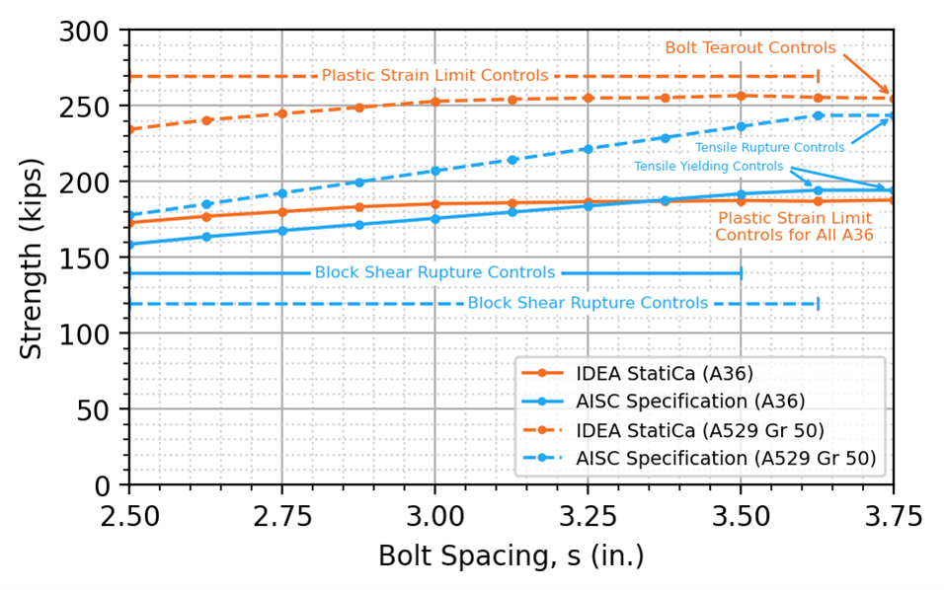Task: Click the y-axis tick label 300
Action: (92, 31)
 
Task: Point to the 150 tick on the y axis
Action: (92, 258)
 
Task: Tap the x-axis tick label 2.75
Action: (281, 516)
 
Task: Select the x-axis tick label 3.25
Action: (588, 516)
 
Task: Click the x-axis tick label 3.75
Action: (893, 516)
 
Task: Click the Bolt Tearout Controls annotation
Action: (749, 47)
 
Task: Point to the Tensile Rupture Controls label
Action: (769, 147)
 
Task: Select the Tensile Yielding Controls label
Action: (708, 166)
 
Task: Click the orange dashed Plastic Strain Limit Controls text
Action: (434, 75)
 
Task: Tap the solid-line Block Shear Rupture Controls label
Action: (434, 272)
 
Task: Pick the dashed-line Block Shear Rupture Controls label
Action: (588, 303)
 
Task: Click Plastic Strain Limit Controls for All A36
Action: (794, 226)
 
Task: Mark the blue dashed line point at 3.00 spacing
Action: (434, 171)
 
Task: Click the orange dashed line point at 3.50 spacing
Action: (741, 96)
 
